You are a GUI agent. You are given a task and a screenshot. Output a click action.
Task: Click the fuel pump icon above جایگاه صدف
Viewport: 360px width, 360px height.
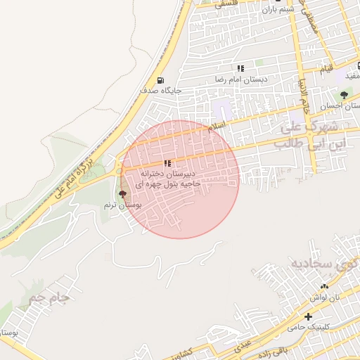(161, 80)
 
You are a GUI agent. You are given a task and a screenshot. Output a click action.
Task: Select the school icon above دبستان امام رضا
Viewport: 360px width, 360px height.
(240, 68)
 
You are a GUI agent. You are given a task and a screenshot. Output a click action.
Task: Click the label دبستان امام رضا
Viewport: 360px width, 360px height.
(241, 79)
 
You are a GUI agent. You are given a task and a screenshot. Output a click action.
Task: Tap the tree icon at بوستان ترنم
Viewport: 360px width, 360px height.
(123, 193)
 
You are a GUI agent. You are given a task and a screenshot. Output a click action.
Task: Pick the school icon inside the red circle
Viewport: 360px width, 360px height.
(167, 163)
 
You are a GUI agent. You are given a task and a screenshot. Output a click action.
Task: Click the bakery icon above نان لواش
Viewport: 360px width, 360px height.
(324, 286)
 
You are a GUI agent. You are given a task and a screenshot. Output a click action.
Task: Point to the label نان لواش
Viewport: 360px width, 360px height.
(326, 297)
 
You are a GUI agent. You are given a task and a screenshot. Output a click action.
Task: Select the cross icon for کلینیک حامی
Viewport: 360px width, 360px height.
(308, 317)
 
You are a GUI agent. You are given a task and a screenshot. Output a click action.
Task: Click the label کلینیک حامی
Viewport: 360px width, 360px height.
(307, 328)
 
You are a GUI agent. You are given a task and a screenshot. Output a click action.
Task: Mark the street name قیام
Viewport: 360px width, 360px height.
(326, 69)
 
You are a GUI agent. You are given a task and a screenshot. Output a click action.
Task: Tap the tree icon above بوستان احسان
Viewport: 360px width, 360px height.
(344, 95)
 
